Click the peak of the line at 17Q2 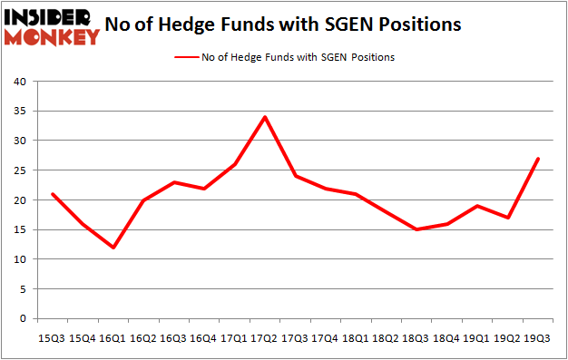[263, 117]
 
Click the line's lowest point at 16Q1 [113, 248]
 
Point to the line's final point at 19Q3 [538, 159]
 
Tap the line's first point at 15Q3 [52, 194]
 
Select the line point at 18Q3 [416, 229]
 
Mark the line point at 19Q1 [476, 206]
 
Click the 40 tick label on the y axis [20, 83]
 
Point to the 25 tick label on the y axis [20, 170]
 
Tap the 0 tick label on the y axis [23, 319]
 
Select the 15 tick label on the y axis [20, 230]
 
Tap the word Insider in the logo [51, 17]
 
